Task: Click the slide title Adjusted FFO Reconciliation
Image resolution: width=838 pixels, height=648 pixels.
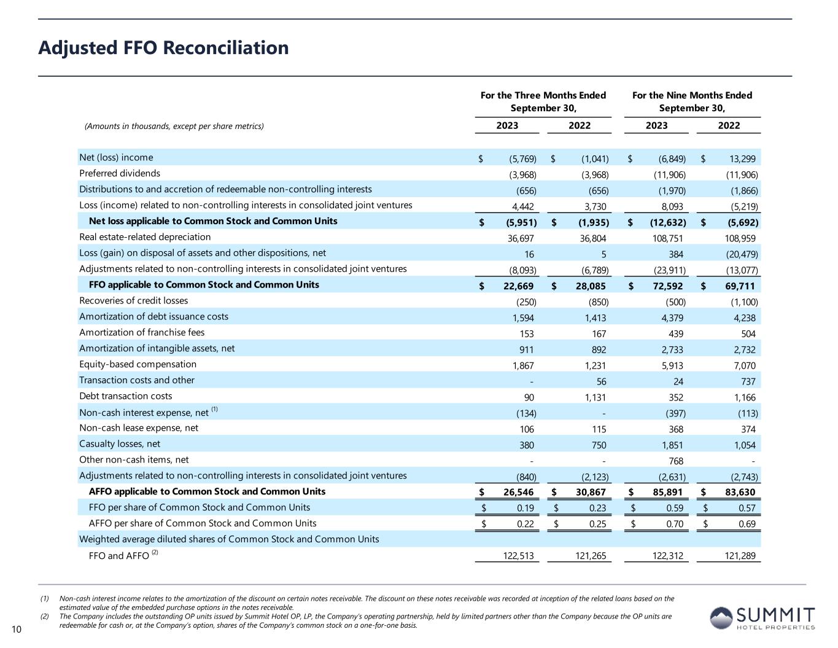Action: pyautogui.click(x=163, y=48)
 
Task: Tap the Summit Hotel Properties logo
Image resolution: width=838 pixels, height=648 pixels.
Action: pyautogui.click(x=762, y=617)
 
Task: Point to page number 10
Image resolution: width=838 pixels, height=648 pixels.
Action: pyautogui.click(x=16, y=628)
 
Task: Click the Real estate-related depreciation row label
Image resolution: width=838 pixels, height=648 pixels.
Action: pyautogui.click(x=145, y=237)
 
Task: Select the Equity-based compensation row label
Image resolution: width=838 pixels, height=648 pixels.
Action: pyautogui.click(x=138, y=364)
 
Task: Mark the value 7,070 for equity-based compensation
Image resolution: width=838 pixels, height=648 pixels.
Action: pyautogui.click(x=744, y=366)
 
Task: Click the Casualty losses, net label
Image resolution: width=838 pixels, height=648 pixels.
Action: pyautogui.click(x=120, y=444)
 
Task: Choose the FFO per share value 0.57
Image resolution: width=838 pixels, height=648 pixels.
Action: pyautogui.click(x=745, y=509)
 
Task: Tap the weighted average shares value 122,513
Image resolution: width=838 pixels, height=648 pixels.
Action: pyautogui.click(x=518, y=556)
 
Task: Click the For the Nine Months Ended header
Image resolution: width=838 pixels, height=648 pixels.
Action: pyautogui.click(x=692, y=95)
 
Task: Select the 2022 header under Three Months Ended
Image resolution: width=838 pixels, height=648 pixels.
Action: pyautogui.click(x=579, y=126)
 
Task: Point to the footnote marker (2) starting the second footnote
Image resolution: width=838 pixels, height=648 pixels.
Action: pyautogui.click(x=45, y=616)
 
